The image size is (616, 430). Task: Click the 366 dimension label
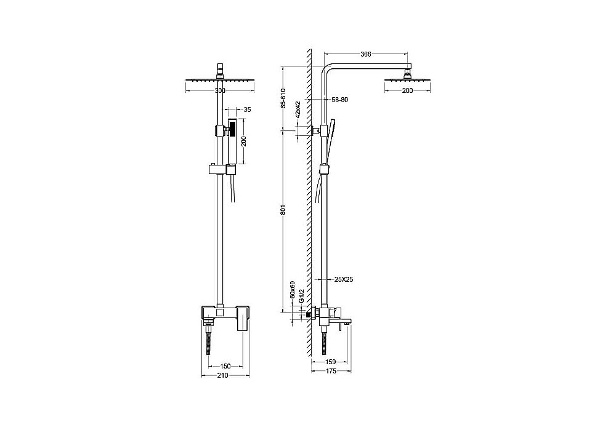pos(366,54)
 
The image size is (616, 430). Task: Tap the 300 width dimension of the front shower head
pos(221,90)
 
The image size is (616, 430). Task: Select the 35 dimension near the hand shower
pos(247,109)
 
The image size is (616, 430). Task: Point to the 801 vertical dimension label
pos(285,210)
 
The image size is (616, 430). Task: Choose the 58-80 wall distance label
pos(340,100)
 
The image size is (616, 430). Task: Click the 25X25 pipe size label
pos(344,280)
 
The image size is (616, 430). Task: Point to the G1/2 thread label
pos(301,296)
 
